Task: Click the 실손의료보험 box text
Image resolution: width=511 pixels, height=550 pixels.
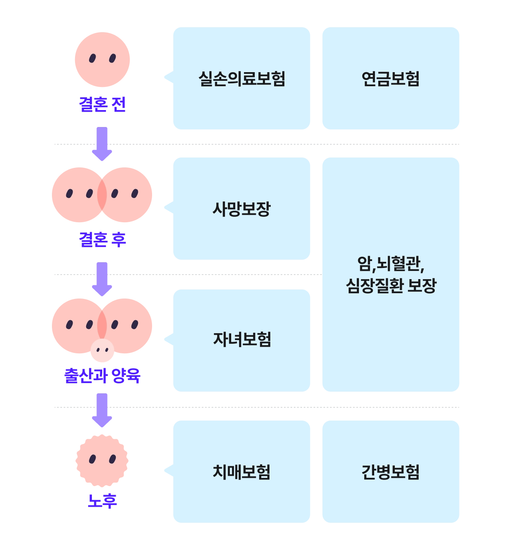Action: (242, 79)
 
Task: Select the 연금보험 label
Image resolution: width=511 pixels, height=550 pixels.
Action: (390, 79)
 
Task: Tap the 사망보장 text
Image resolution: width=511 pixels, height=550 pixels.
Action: (242, 209)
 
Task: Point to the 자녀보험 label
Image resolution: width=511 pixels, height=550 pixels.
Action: (242, 339)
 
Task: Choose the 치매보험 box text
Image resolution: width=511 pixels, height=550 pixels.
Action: (242, 472)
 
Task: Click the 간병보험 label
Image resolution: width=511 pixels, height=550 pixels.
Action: (390, 472)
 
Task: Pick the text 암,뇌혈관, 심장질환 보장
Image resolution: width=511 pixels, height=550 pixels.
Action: (390, 274)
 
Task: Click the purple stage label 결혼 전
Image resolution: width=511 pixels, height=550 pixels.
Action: (102, 104)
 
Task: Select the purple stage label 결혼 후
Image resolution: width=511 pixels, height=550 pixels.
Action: (103, 239)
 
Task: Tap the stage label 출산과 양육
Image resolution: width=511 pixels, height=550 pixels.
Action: (102, 376)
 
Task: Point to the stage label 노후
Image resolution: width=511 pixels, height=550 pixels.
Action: (102, 501)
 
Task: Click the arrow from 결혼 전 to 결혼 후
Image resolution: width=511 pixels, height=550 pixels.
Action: (102, 143)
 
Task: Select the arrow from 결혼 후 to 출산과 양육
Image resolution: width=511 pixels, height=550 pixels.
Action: (102, 278)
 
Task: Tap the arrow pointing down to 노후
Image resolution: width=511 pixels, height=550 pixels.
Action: (102, 410)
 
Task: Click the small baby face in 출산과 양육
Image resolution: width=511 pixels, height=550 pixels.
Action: (102, 350)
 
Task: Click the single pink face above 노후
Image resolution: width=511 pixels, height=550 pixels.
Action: (102, 460)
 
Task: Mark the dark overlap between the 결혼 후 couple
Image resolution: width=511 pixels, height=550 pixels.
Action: (102, 195)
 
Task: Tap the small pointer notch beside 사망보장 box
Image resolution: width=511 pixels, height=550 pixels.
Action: (166, 208)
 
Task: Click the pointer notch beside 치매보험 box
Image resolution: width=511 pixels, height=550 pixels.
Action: (166, 470)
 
